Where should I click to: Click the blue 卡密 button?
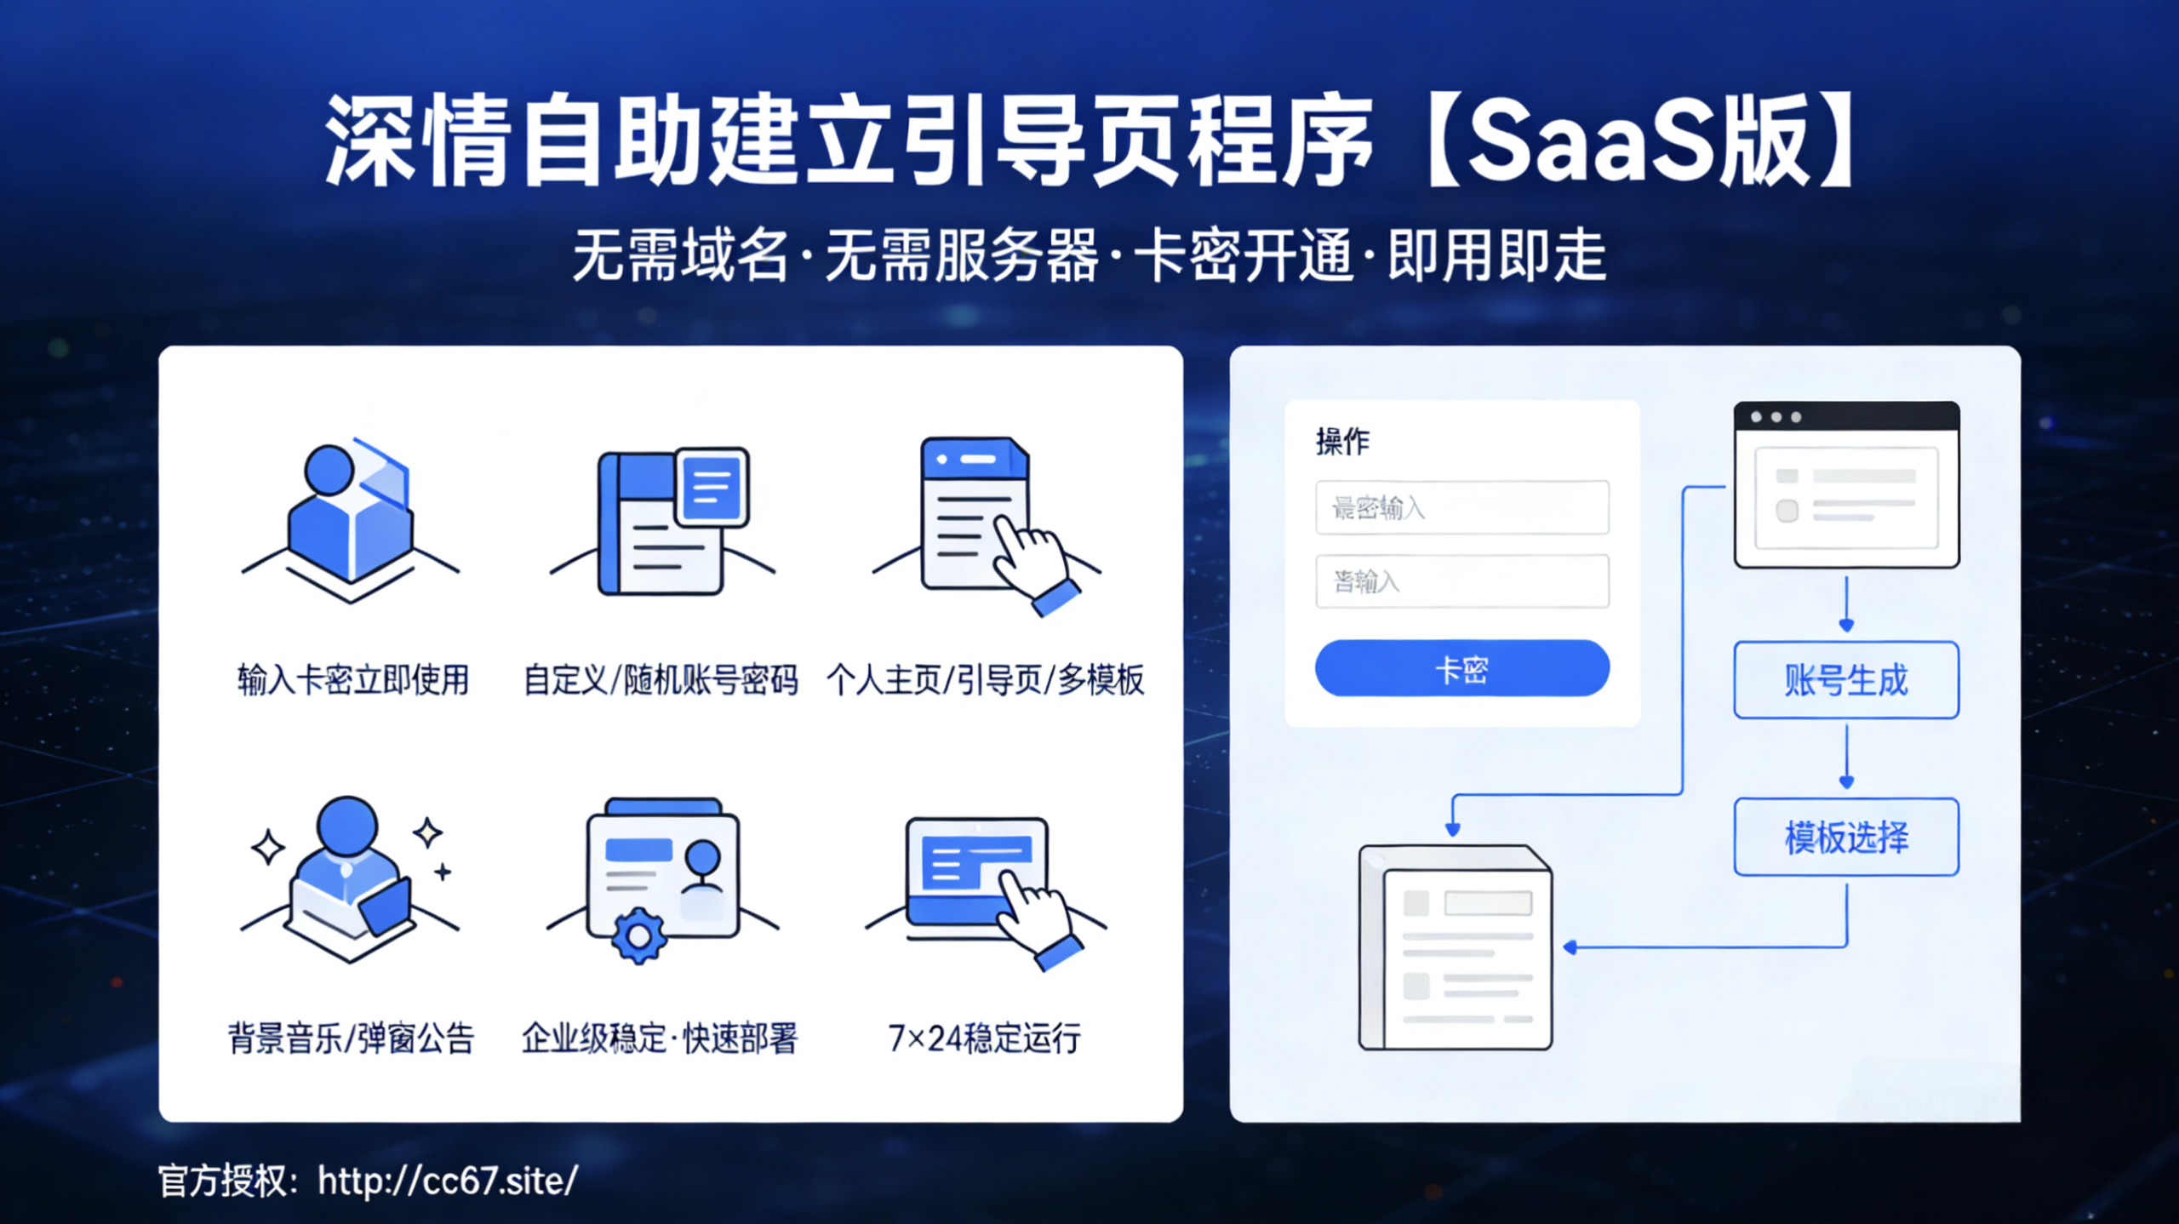pos(1461,668)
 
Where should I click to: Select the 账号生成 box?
pos(1846,680)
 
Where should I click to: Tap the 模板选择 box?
pos(1846,837)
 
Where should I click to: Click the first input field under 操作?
pos(1461,508)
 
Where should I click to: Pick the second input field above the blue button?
pos(1461,581)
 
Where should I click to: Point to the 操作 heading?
pos(1342,441)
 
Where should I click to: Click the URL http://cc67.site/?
pos(448,1181)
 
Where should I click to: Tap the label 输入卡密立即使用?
pos(352,680)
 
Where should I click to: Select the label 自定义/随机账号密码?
pos(661,680)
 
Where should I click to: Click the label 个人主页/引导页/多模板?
pos(985,680)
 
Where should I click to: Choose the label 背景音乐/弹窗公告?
pos(351,1038)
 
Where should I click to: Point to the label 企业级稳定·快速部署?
pos(660,1038)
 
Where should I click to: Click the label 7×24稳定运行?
pos(984,1038)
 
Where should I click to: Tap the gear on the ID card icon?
pos(638,936)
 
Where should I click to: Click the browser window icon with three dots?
pos(1846,483)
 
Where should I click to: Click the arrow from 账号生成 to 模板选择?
pos(1846,758)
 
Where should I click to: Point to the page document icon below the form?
pos(1456,947)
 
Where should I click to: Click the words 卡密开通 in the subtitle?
pos(1244,255)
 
